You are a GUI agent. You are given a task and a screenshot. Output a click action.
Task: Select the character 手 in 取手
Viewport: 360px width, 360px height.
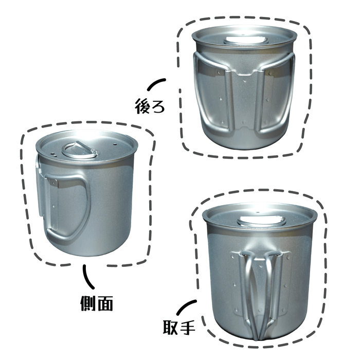[x=188, y=327]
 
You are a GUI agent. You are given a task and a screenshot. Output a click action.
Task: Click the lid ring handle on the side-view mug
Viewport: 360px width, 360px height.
[x=80, y=150]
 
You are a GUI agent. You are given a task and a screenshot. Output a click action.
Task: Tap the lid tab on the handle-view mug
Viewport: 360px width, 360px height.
[x=262, y=222]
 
